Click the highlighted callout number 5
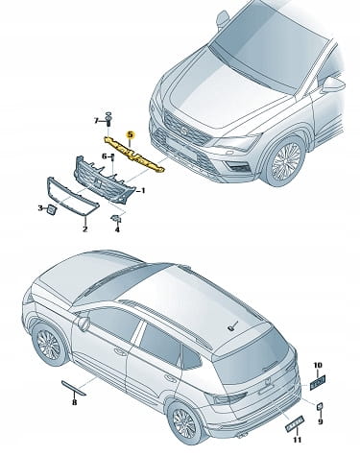coord(131,134)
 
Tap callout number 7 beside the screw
coord(96,121)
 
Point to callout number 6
coord(105,156)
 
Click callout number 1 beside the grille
coord(143,191)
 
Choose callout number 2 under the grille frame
coord(85,229)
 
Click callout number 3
coord(40,208)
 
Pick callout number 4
coord(117,229)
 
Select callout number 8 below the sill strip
coord(74,402)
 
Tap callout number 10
coord(318,365)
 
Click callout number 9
coord(321,421)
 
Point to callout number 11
coord(298,440)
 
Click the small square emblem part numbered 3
coord(51,209)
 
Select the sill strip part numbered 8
coord(74,388)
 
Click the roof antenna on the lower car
coord(231,327)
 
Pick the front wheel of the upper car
coord(286,161)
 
